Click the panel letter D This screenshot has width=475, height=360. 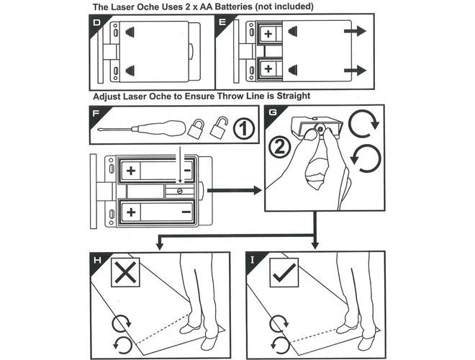point(98,22)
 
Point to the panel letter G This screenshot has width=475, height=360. point(273,113)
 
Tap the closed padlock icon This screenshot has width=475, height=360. point(195,129)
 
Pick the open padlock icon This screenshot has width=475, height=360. point(218,128)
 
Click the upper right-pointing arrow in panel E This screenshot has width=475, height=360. point(354,33)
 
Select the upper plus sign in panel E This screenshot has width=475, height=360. point(267,34)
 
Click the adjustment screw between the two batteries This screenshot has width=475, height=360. point(178,191)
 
